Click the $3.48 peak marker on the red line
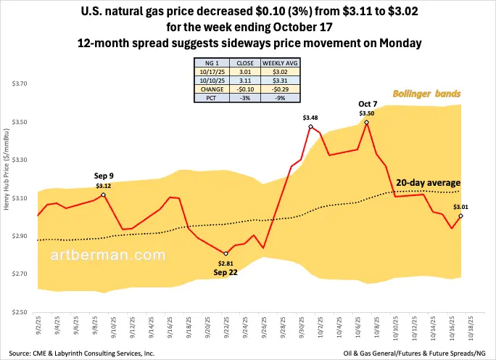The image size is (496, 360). click(310, 127)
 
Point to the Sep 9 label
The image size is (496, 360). click(104, 176)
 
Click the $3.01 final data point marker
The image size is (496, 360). click(460, 216)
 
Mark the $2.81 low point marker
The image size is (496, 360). click(226, 253)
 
